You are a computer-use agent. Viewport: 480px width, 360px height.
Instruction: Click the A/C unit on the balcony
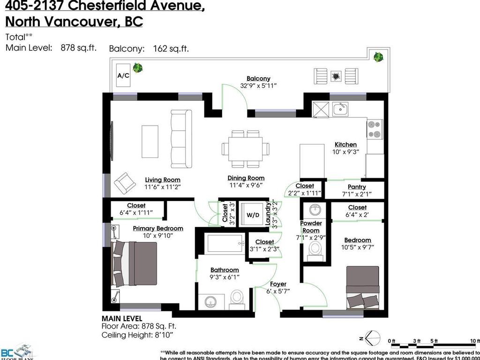pos(123,75)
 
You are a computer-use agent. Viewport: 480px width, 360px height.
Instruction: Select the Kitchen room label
pos(345,144)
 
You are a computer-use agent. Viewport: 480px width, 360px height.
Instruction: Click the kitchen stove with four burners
pos(375,129)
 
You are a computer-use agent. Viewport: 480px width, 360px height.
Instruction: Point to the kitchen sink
pos(340,110)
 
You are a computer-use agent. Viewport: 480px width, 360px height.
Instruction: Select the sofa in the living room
pos(181,139)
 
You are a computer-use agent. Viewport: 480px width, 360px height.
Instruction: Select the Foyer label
pos(278,284)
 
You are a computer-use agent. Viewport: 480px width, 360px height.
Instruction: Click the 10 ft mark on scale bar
pos(474,341)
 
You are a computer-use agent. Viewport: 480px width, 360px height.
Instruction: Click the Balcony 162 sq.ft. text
pos(149,48)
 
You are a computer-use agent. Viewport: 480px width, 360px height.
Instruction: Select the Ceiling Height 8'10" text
pos(137,335)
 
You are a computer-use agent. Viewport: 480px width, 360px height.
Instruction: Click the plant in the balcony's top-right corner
pos(377,57)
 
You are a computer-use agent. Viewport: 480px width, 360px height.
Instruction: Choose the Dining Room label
pos(246,178)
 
